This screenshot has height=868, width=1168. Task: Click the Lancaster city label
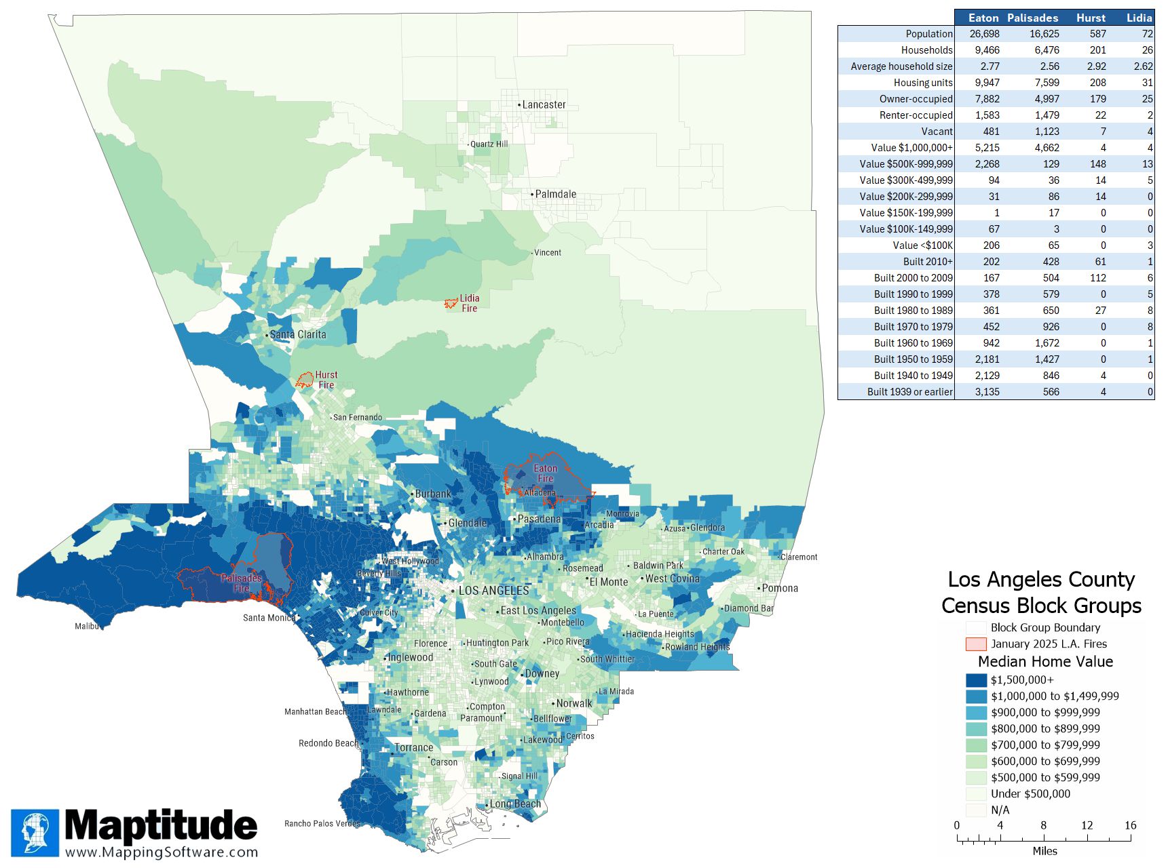(544, 105)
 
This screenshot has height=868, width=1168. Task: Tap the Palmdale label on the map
(555, 194)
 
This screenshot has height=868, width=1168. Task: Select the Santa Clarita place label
(297, 334)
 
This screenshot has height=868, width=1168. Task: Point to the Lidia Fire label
(469, 303)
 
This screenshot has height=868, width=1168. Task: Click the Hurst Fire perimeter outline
(305, 379)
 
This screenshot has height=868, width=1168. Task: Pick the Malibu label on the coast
(86, 626)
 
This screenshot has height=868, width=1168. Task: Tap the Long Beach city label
(515, 804)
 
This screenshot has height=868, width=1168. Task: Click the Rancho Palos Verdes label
(322, 823)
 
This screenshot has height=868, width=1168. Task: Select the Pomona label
(780, 588)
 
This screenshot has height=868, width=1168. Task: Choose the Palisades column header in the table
(1032, 18)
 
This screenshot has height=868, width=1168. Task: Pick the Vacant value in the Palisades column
(1047, 132)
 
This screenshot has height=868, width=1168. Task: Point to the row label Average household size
(901, 66)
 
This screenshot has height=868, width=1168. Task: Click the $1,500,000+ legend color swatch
(976, 680)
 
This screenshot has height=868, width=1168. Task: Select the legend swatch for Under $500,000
(976, 794)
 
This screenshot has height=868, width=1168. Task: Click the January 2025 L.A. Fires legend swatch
(976, 644)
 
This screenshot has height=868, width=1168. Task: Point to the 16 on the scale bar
(1130, 825)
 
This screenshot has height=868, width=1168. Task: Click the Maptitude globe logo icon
(35, 833)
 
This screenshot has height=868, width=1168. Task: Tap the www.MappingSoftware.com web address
(162, 852)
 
